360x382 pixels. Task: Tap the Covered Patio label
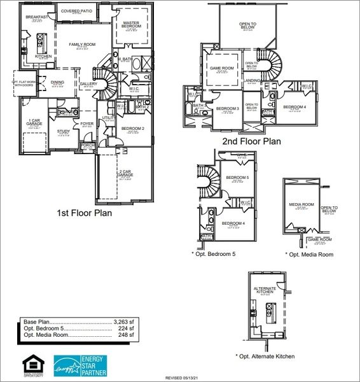[x=76, y=11]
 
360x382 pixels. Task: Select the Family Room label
[x=82, y=45]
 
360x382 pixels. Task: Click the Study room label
[x=64, y=132]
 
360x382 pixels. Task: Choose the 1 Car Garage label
[x=35, y=122]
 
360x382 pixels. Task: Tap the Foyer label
[x=87, y=124]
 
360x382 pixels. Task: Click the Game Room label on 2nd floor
[x=223, y=67]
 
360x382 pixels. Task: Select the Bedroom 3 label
[x=227, y=109]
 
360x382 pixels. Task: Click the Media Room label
[x=301, y=204]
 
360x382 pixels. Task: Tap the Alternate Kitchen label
[x=265, y=290]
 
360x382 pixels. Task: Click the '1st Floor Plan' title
[x=84, y=213]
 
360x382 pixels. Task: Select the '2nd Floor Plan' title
[x=251, y=141]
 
